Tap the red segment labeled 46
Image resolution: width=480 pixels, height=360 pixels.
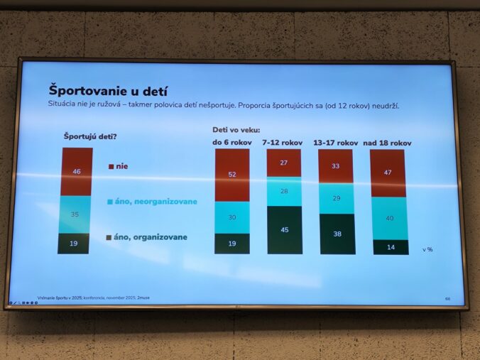77,171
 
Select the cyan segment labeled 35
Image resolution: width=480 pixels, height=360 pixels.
75,214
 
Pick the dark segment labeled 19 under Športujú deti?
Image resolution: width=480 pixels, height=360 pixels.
75,243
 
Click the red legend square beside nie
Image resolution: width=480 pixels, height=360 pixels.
111,167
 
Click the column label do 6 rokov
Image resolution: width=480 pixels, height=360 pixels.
231,143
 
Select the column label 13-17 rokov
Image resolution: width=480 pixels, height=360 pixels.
336,143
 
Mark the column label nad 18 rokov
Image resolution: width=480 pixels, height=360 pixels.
388,143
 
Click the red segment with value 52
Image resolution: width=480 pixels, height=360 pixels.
232,175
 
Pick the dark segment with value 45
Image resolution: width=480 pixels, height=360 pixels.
284,229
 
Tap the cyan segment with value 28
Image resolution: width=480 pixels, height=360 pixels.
284,191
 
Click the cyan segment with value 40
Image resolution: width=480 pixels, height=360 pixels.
389,218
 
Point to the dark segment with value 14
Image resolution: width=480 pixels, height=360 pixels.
390,247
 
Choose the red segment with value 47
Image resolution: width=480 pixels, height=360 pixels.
388,173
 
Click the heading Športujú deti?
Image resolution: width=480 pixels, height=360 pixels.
90,136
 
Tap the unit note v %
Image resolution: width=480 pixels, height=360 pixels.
427,249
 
